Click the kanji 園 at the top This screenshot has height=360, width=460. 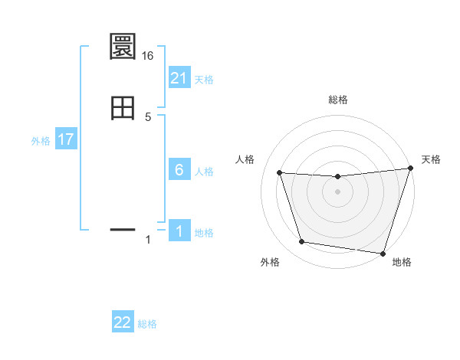click(123, 47)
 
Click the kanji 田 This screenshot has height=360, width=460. click(123, 108)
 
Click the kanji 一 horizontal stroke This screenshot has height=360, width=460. click(123, 229)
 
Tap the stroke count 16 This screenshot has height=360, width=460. click(149, 56)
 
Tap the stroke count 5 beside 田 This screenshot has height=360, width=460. click(149, 116)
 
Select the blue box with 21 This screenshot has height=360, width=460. click(179, 78)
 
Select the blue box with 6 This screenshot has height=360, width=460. click(179, 170)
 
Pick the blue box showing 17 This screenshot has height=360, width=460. click(66, 140)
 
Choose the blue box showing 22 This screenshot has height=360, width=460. click(123, 322)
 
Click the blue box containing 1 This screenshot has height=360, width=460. click(179, 231)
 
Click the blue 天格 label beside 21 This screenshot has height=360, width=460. click(204, 80)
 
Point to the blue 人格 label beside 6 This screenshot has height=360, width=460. click(204, 172)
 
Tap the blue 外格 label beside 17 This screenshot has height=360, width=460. click(41, 141)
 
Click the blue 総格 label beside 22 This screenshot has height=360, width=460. click(147, 324)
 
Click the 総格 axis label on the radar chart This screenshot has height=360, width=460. click(338, 100)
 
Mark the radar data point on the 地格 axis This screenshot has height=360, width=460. click(383, 253)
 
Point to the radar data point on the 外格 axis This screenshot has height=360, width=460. click(302, 242)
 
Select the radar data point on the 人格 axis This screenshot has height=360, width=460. click(280, 173)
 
